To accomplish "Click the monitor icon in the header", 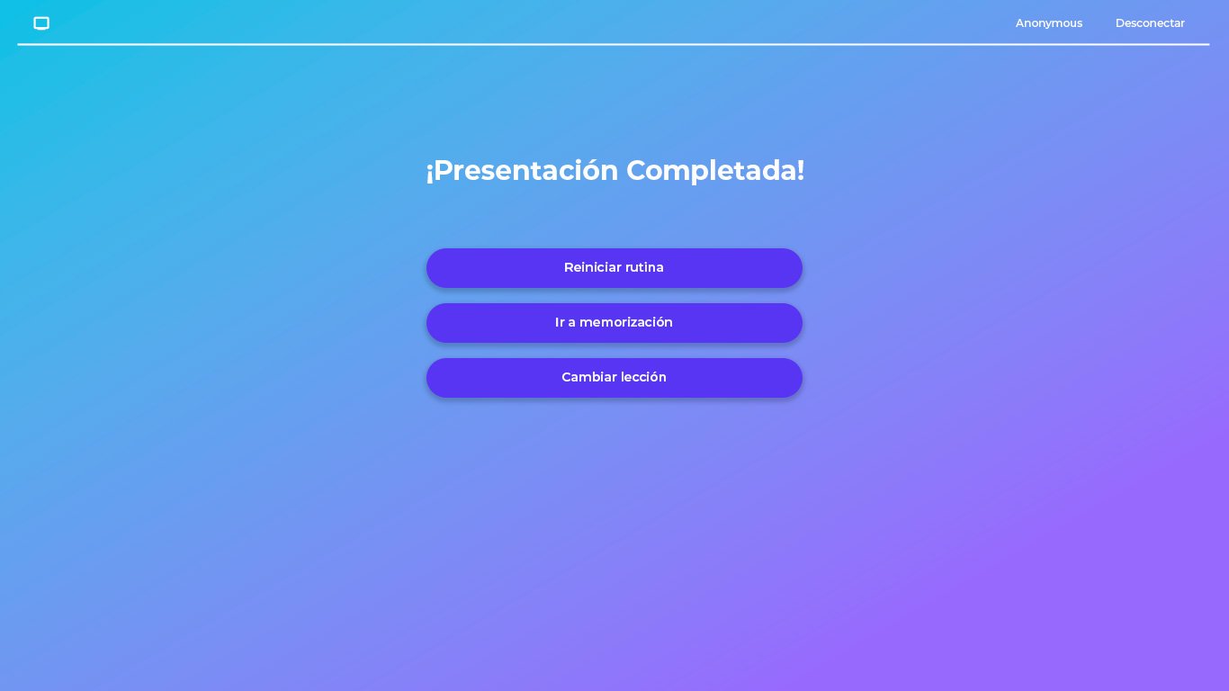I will (41, 23).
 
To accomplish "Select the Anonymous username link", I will (1048, 23).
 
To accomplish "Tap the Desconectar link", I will (1149, 23).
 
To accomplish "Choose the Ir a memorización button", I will (614, 323).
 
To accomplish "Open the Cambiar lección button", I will (614, 378).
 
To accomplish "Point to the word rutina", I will (644, 268).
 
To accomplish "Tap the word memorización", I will (626, 323).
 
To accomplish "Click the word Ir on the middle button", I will (560, 323).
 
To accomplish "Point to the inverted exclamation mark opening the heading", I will (429, 172).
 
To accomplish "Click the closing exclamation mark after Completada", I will (800, 170).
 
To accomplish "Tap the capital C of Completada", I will (637, 170).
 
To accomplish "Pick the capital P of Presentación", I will (443, 170).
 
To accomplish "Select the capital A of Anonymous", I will (1020, 23).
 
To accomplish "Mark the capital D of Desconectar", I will (1120, 23).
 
